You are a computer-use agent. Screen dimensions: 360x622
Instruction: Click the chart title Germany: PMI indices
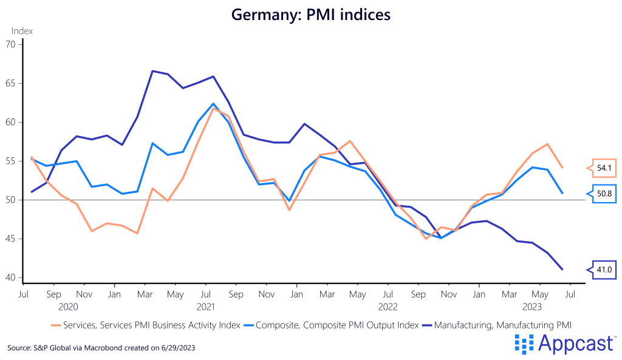(x=310, y=15)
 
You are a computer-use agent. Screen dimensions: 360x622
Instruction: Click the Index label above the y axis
(x=22, y=31)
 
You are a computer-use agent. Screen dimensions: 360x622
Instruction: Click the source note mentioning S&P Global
(x=101, y=348)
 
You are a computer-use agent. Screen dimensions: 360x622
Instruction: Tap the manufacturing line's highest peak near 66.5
(x=152, y=71)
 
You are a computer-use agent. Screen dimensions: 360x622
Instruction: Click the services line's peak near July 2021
(x=213, y=107)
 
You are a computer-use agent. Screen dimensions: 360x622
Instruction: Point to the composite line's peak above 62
(x=213, y=103)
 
